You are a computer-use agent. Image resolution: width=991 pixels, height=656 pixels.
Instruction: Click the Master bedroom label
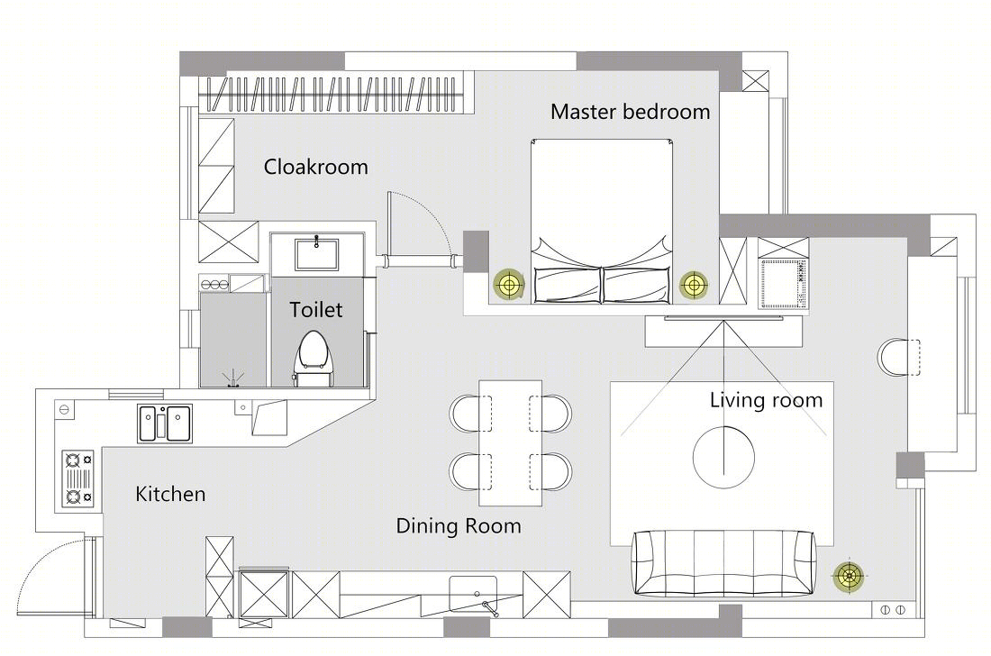coord(630,112)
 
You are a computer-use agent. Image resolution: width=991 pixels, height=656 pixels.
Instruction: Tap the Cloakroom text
coord(315,167)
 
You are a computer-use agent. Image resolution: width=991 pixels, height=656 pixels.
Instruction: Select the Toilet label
coord(316,310)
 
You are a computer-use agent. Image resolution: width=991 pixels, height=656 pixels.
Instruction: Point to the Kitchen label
coord(170,494)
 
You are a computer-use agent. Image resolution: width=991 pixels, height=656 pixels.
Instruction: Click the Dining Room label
coord(459,526)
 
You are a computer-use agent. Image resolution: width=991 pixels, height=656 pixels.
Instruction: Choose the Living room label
coord(766,400)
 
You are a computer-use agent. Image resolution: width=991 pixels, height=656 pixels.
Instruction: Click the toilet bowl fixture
coord(314,359)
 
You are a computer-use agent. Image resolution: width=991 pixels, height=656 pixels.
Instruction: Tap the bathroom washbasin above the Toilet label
coord(316,254)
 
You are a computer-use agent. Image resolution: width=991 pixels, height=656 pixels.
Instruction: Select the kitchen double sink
coord(165,424)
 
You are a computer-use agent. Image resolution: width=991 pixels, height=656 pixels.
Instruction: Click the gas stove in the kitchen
coord(78,478)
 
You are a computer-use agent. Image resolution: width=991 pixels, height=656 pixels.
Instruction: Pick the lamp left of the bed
coord(509,285)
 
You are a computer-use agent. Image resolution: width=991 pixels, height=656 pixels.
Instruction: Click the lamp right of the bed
coord(694,285)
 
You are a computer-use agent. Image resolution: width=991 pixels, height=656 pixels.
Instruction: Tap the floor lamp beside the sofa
coord(849,576)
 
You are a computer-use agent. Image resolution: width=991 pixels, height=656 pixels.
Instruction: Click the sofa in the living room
coord(724,563)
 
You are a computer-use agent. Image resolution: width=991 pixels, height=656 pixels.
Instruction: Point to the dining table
coord(510,442)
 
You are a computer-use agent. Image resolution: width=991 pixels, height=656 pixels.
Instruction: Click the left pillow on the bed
coord(568,285)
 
